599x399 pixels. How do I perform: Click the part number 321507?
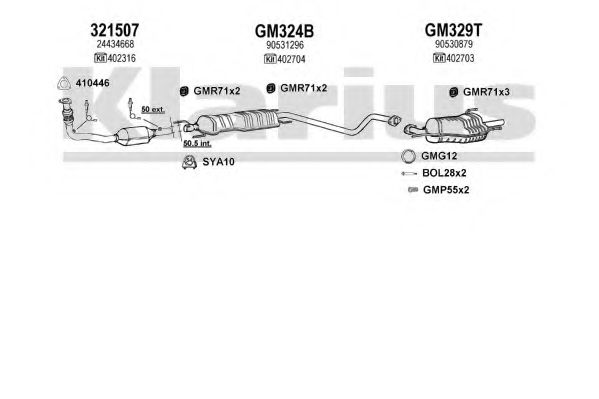[x=114, y=30]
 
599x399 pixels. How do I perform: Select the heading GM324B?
[x=284, y=31]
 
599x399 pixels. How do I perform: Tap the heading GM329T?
[x=453, y=30]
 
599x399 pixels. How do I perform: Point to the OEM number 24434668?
[x=115, y=44]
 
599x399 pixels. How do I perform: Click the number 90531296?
[x=285, y=45]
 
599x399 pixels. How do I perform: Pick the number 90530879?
[x=454, y=44]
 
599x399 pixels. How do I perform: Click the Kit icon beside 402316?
[x=100, y=58]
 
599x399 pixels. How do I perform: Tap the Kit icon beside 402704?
[x=270, y=59]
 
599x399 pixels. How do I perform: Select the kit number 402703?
[x=460, y=58]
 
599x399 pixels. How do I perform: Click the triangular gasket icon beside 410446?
[x=64, y=83]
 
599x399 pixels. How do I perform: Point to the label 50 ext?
[x=153, y=109]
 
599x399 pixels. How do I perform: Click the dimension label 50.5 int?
[x=197, y=144]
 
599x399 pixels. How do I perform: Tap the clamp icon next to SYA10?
[x=189, y=162]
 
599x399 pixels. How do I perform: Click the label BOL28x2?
[x=444, y=173]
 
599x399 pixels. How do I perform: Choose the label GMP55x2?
[x=446, y=190]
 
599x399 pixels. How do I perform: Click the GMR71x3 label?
[x=486, y=92]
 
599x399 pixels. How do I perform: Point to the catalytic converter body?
[x=134, y=136]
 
